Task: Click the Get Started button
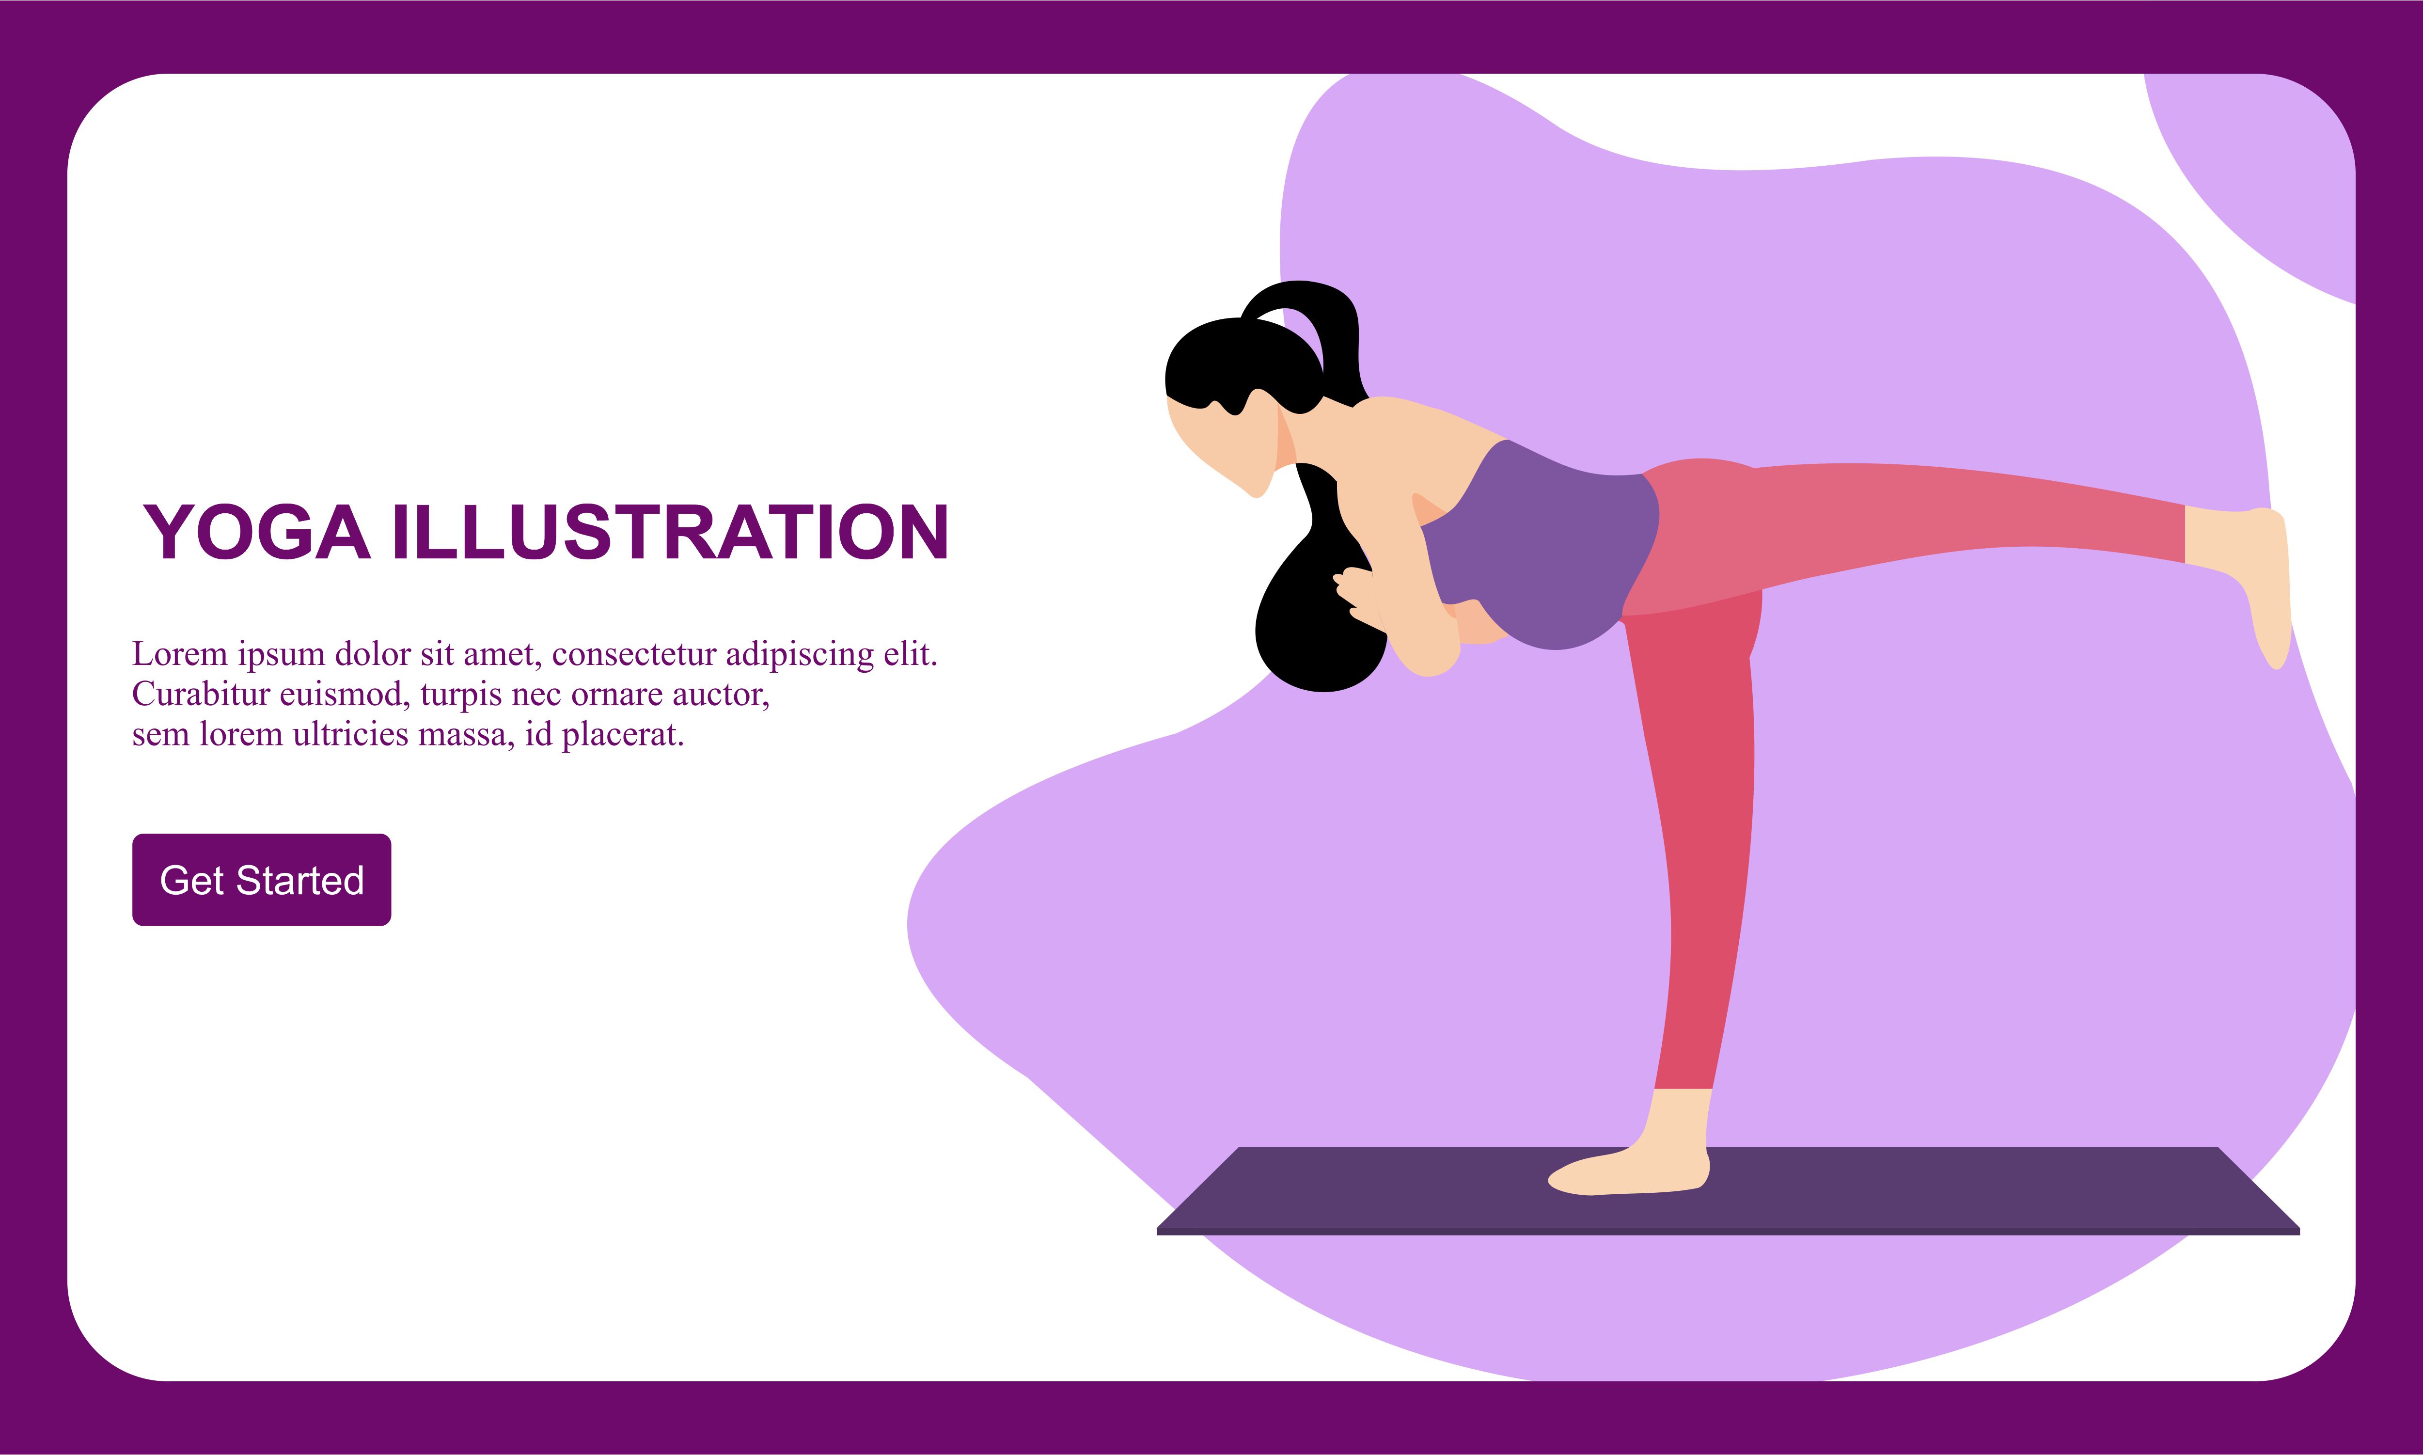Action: tap(262, 880)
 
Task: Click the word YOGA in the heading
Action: tap(257, 532)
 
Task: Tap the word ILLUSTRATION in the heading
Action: tap(670, 532)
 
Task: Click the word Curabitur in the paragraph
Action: tap(201, 694)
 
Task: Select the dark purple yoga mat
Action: tap(1728, 1189)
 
